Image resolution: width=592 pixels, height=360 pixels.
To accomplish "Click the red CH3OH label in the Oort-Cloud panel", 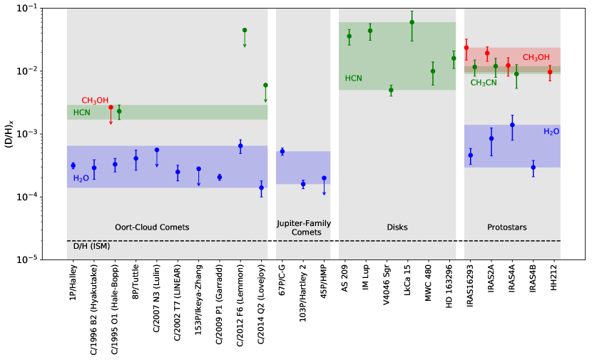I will click(x=95, y=101).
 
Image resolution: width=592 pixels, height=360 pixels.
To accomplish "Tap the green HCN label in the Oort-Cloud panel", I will click(x=81, y=113).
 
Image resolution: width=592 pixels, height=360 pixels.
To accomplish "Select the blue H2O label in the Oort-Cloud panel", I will click(x=81, y=178).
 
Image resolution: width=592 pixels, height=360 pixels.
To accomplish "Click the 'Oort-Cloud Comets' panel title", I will click(x=152, y=227).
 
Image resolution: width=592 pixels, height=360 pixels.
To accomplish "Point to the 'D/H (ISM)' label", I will click(x=91, y=246).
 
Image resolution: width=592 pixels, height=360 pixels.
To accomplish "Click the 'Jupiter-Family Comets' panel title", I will click(x=304, y=228).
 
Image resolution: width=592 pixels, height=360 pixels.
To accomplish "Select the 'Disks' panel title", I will click(x=397, y=227).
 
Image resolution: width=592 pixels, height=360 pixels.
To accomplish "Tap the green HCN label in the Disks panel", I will click(x=353, y=78).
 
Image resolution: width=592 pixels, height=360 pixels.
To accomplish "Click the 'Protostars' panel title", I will click(x=507, y=227).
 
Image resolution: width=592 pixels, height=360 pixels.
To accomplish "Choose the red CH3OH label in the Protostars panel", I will click(x=536, y=58).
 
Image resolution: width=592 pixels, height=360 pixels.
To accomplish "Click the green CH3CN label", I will click(x=484, y=83).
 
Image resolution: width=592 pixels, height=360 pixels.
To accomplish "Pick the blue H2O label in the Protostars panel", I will click(x=551, y=132).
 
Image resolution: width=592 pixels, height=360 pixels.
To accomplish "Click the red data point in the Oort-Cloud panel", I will click(x=111, y=107).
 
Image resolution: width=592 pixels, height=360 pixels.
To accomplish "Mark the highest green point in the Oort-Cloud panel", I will click(x=245, y=30).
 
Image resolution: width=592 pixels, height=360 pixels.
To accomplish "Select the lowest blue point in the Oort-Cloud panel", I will click(x=261, y=188).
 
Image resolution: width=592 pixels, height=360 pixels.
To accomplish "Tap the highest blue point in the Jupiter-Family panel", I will click(x=282, y=151).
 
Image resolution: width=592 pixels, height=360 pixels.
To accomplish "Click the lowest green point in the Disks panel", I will click(x=391, y=90).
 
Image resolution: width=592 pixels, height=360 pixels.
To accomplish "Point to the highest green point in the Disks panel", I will click(x=412, y=22).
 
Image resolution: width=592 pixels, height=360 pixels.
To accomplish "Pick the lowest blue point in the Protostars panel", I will click(x=533, y=168).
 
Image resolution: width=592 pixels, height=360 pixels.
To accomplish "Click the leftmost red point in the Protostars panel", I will click(x=466, y=48).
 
